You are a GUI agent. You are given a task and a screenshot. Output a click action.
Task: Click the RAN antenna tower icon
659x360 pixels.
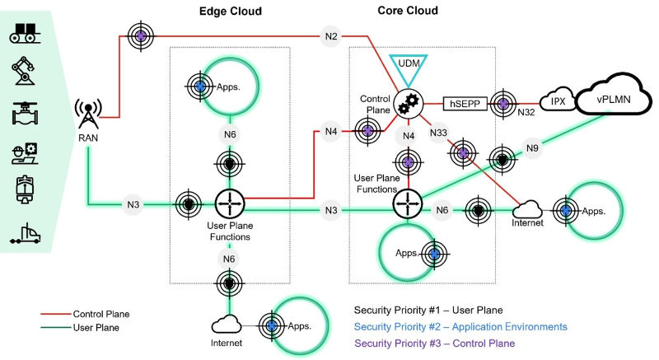coord(87,116)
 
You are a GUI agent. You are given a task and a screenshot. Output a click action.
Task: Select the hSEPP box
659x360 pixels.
coord(465,104)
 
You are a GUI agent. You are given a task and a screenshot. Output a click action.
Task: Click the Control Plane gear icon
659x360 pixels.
coord(405,104)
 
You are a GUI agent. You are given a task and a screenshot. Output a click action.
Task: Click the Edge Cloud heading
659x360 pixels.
coord(231,12)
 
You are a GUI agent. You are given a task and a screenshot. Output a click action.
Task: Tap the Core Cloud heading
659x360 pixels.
coord(408,12)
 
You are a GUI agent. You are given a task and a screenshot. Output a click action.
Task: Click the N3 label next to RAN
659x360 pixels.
coord(132,203)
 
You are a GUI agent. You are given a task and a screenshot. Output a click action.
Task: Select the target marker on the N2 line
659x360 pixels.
coord(141,35)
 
